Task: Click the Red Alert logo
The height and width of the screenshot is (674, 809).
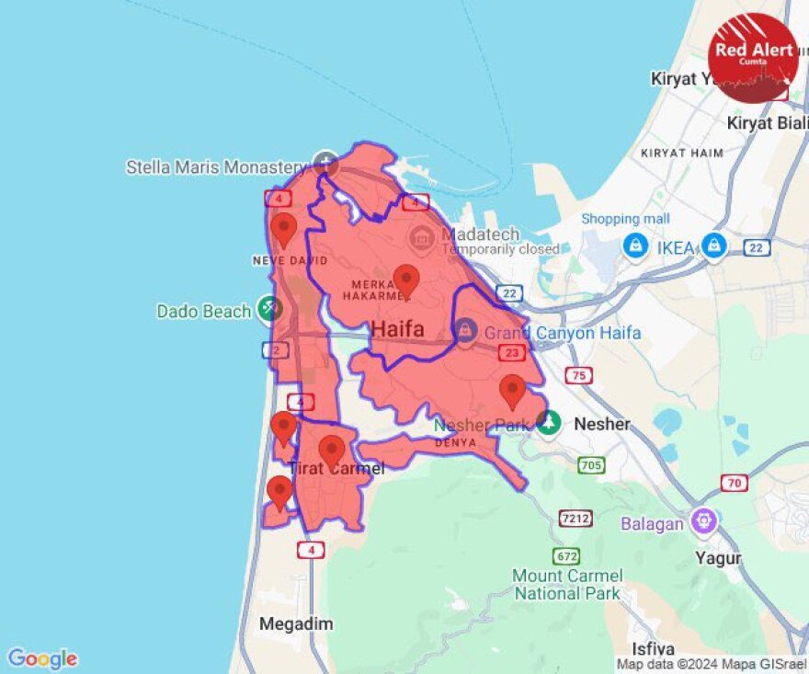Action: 753,58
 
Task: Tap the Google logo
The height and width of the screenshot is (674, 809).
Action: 42,658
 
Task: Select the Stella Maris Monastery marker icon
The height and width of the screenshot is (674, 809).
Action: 325,165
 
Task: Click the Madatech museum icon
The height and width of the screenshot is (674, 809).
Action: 422,238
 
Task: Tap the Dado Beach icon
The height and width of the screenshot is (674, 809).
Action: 269,310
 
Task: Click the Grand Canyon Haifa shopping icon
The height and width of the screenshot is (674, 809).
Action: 465,329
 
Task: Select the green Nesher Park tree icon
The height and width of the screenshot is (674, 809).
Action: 549,423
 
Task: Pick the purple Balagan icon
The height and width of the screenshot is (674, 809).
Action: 706,520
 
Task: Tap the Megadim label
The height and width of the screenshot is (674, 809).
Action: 295,624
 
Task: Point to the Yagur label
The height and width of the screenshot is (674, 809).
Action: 719,558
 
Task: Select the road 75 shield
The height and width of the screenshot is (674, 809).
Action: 578,374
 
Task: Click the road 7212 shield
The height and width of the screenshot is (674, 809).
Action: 575,519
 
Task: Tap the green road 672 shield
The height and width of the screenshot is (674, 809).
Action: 565,555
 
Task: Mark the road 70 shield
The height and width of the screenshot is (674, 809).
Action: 734,482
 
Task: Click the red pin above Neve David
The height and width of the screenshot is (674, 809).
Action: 283,229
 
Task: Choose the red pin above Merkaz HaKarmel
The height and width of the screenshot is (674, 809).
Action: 405,280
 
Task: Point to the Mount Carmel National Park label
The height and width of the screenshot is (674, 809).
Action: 567,584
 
